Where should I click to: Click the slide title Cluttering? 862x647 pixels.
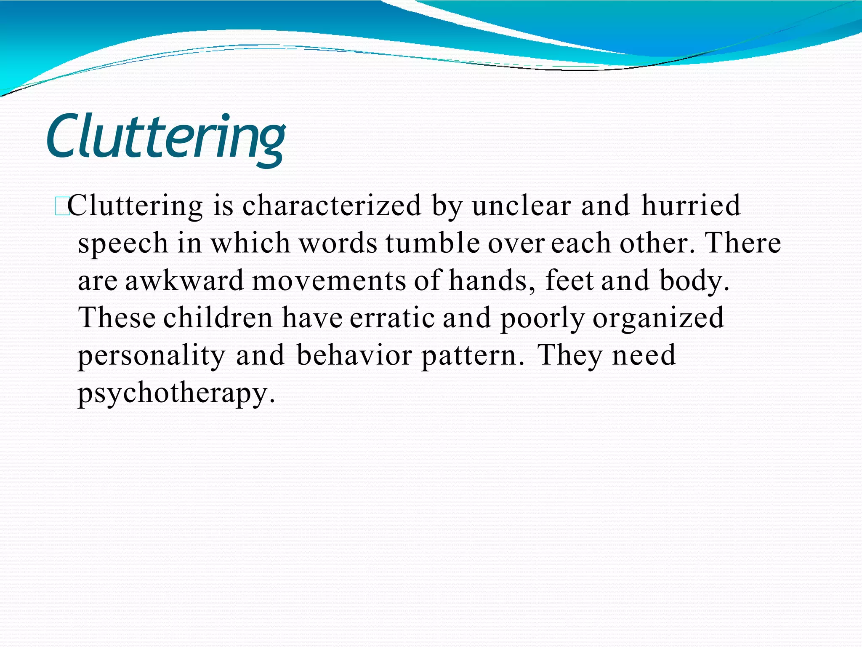pyautogui.click(x=166, y=137)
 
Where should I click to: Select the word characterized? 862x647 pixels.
pyautogui.click(x=332, y=206)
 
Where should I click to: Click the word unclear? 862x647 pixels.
pyautogui.click(x=521, y=206)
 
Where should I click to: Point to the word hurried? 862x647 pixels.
pyautogui.click(x=691, y=206)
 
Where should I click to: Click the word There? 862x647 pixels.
pyautogui.click(x=743, y=243)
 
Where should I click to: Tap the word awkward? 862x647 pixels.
pyautogui.click(x=184, y=281)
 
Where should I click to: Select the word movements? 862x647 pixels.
pyautogui.click(x=329, y=281)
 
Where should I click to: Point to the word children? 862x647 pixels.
pyautogui.click(x=218, y=318)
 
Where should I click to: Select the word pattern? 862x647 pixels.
pyautogui.click(x=473, y=356)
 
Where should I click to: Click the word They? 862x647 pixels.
pyautogui.click(x=570, y=356)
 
